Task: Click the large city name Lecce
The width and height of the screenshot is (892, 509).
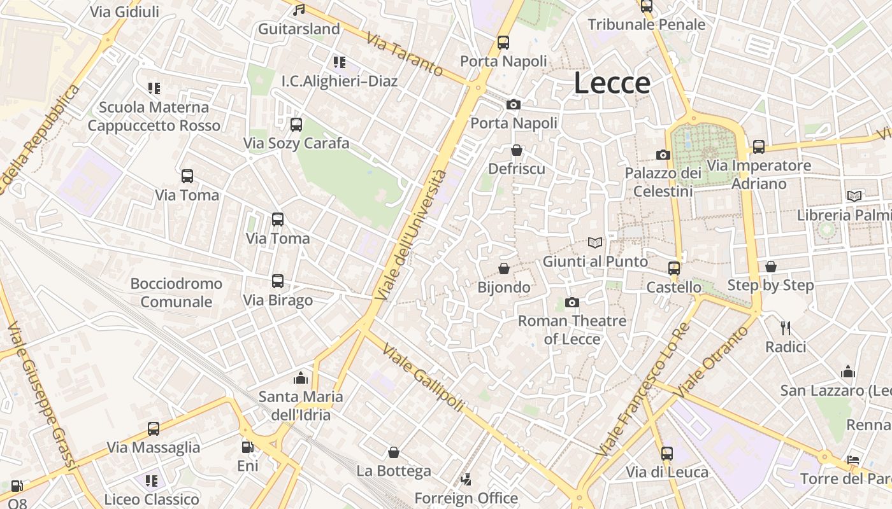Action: click(x=612, y=83)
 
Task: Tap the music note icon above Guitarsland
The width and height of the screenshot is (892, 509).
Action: click(x=299, y=10)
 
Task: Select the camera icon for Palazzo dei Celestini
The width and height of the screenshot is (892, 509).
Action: click(x=663, y=155)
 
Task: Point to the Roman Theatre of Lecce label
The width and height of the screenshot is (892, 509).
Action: click(x=572, y=330)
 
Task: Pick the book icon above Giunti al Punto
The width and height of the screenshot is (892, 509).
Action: click(x=595, y=242)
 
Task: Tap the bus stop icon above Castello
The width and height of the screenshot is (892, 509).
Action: click(x=674, y=268)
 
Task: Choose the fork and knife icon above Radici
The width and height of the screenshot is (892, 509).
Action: click(x=786, y=328)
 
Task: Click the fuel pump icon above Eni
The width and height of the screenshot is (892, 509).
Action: click(x=247, y=447)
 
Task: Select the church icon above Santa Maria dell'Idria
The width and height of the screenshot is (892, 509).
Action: click(x=301, y=378)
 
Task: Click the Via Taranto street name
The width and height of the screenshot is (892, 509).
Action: click(x=405, y=55)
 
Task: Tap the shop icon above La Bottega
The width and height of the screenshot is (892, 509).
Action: click(x=394, y=452)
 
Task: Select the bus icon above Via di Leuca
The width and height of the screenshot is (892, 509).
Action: click(x=667, y=454)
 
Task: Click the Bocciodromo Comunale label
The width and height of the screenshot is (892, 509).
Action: click(x=176, y=293)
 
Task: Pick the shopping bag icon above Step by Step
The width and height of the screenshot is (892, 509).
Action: click(x=771, y=267)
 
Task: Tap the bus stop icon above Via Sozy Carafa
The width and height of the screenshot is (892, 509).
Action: click(x=296, y=125)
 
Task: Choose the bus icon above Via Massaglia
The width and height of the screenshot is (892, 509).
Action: click(x=154, y=429)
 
